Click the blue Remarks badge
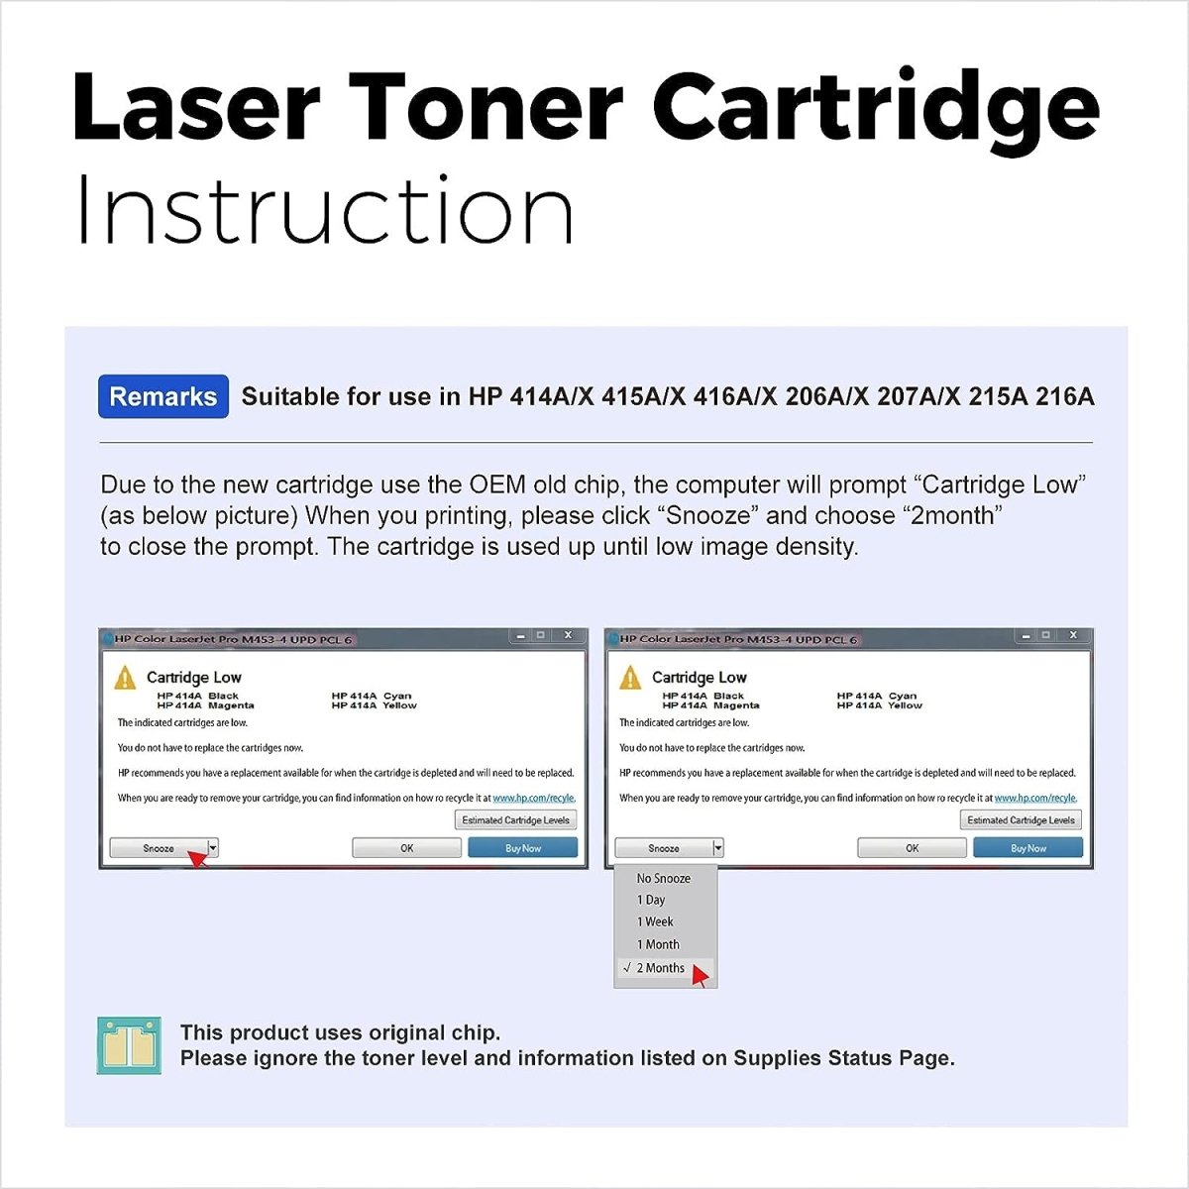(x=163, y=396)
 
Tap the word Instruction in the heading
(x=324, y=210)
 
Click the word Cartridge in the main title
(x=876, y=108)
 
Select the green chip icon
(x=129, y=1045)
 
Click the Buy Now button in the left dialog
(x=522, y=848)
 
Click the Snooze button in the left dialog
(x=159, y=848)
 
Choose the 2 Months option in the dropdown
(x=660, y=968)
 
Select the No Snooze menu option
(x=663, y=878)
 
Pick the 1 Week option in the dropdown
(x=654, y=921)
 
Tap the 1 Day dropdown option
(x=651, y=900)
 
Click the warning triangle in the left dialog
(x=125, y=678)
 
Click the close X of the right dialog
(x=1073, y=635)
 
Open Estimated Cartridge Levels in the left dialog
(x=515, y=820)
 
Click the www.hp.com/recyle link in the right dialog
(x=1035, y=798)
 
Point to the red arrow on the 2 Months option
(x=700, y=976)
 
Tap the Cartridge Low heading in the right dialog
(x=699, y=678)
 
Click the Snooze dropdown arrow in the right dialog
(x=718, y=848)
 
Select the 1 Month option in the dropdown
(x=658, y=944)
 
